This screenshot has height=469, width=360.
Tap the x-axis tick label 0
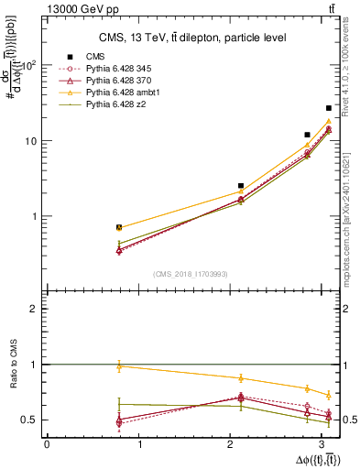[47, 444]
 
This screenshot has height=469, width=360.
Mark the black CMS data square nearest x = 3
[328, 108]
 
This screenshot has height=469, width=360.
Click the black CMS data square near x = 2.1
[241, 186]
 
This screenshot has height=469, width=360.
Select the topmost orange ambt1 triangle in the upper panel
[328, 121]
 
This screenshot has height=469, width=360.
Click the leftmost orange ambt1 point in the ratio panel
[119, 366]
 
